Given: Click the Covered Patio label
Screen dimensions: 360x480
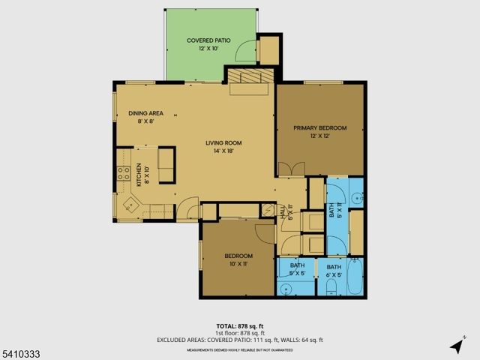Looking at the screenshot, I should (208, 44).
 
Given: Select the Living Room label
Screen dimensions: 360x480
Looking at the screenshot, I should (225, 146).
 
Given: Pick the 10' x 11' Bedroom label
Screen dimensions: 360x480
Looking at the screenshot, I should (238, 260).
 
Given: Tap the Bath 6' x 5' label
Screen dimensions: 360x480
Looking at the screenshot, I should (333, 271).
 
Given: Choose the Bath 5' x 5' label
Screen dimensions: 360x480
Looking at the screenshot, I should (298, 271).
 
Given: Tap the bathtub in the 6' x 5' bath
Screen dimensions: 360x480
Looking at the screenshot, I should (353, 277).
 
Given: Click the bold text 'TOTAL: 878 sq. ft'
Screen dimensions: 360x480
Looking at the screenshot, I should (239, 326).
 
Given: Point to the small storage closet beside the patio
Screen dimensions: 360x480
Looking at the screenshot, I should (268, 49).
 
